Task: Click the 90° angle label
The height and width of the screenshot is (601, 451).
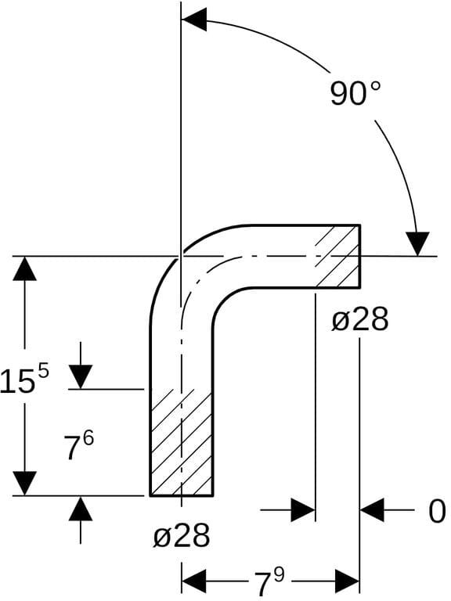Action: [356, 94]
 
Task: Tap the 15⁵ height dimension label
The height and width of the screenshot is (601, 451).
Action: [24, 380]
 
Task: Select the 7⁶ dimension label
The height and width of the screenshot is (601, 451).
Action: [79, 447]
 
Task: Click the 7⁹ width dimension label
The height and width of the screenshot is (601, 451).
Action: [270, 582]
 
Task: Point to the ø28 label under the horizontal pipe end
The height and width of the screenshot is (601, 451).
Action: [360, 320]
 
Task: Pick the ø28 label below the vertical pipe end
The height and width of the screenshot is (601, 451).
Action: [182, 536]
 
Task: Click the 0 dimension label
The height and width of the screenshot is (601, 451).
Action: [437, 511]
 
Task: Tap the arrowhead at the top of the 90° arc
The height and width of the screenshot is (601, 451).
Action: [194, 19]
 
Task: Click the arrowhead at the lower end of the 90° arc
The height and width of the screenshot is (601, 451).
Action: [417, 244]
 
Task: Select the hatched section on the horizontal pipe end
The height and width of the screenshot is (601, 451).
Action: [337, 256]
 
